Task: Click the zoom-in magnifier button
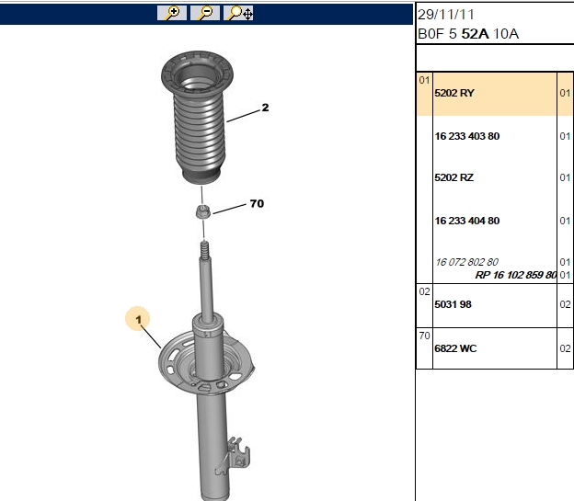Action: click(172, 13)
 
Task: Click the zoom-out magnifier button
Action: click(204, 13)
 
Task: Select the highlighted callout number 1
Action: click(138, 319)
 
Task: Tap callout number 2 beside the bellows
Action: click(265, 108)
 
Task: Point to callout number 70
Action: click(257, 203)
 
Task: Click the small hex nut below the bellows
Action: click(202, 212)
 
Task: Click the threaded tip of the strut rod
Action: click(204, 250)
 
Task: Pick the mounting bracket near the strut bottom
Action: click(235, 456)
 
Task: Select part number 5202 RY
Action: click(454, 93)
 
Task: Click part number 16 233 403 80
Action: click(466, 136)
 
